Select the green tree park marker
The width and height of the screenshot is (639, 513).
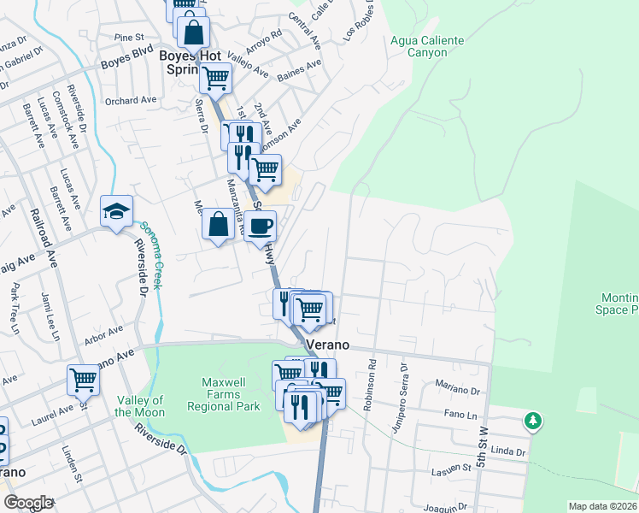point(533,421)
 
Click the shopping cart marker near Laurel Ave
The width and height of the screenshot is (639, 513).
point(84,379)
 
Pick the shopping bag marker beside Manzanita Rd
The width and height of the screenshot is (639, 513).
point(218,225)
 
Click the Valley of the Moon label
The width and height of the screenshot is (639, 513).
point(140,406)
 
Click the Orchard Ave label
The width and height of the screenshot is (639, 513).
point(131,100)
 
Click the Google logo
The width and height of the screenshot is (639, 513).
point(27,503)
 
